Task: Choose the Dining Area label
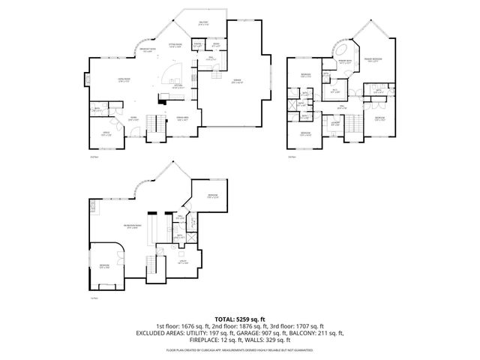181,119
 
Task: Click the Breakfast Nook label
148,49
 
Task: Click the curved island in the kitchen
171,71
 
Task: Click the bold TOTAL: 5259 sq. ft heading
239,319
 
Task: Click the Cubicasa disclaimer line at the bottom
239,350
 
